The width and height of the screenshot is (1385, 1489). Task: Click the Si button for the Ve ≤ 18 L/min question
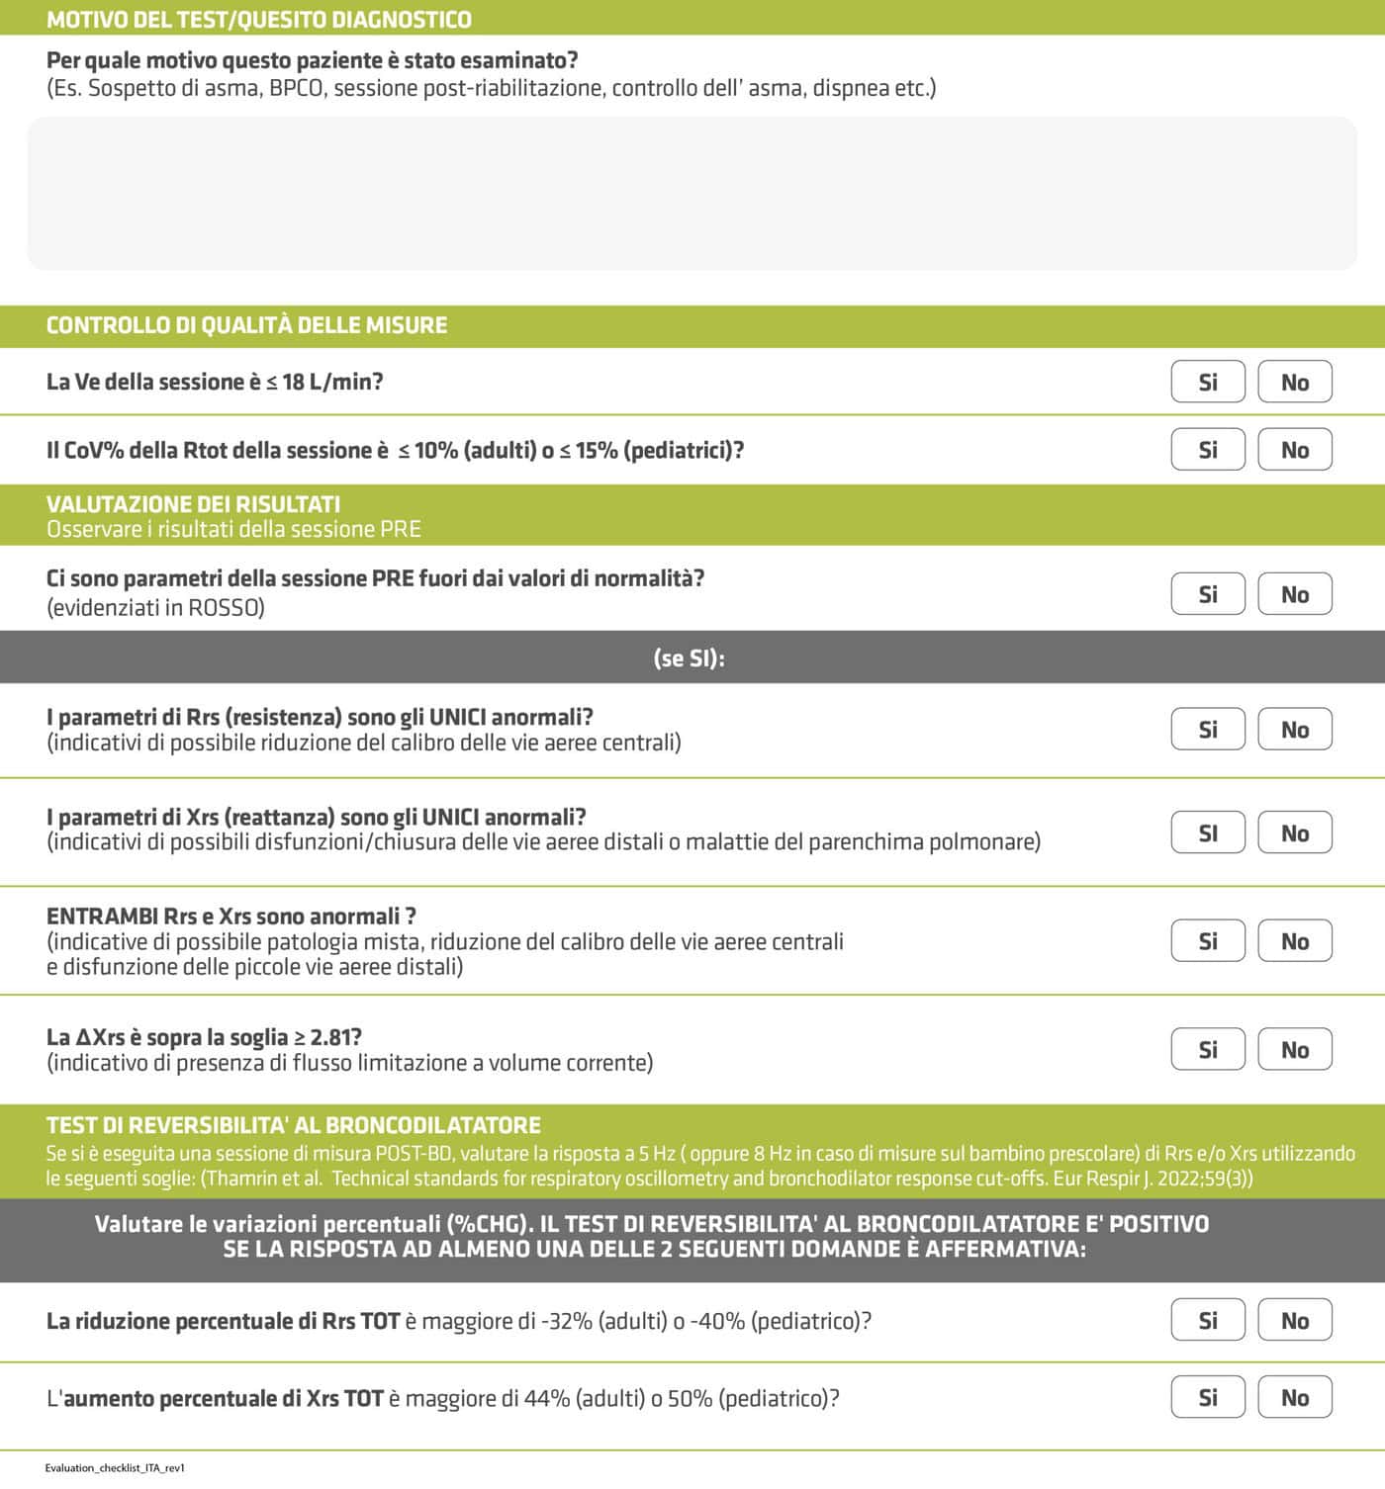[x=1207, y=382]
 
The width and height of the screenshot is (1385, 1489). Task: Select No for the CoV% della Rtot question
[x=1294, y=450]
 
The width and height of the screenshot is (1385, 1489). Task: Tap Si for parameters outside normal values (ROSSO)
[x=1207, y=594]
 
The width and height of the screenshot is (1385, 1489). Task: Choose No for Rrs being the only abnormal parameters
[x=1294, y=730]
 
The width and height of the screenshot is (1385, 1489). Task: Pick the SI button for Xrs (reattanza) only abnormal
[x=1207, y=833]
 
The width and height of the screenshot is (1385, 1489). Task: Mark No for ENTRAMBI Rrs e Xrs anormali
[x=1294, y=941]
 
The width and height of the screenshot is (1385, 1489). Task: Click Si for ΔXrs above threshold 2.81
[x=1207, y=1050]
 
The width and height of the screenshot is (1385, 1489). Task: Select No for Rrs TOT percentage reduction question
[x=1294, y=1321]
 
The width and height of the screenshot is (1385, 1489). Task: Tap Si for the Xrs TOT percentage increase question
[x=1207, y=1398]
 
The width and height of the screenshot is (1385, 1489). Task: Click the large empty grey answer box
[x=692, y=194]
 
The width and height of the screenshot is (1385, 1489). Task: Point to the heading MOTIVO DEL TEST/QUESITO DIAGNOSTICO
[x=259, y=20]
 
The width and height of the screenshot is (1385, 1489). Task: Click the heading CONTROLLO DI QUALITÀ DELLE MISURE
[x=246, y=325]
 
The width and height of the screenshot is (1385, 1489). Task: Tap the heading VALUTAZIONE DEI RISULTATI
[x=193, y=503]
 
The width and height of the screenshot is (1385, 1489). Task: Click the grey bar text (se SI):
[x=690, y=658]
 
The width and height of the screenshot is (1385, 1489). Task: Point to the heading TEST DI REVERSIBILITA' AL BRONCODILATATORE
[x=293, y=1125]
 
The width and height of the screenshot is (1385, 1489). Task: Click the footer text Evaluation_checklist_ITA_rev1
[x=115, y=1468]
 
